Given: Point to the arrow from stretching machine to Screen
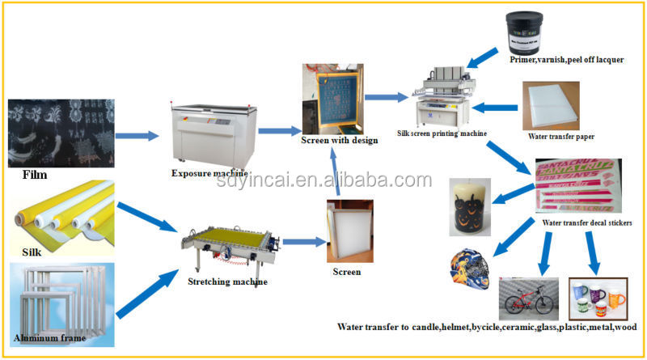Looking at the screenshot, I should click(x=300, y=242).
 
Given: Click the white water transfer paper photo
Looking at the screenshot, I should click(x=555, y=104).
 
